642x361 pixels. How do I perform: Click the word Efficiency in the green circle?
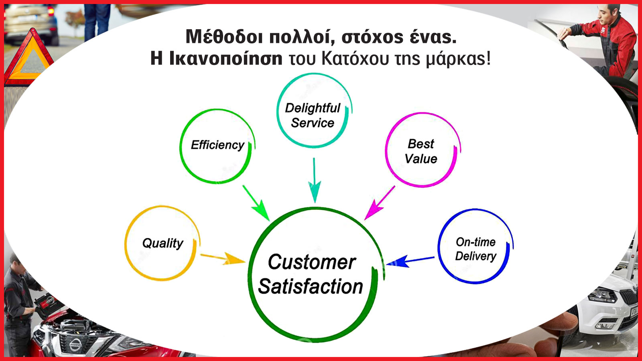tap(217, 145)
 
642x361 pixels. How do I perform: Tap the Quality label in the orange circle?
tap(163, 243)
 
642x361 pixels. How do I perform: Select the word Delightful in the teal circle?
tap(313, 108)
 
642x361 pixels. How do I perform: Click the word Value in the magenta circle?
tap(421, 159)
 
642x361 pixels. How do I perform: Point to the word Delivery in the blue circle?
tap(475, 256)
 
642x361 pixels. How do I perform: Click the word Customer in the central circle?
tap(312, 262)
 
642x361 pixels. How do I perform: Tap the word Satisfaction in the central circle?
tap(311, 286)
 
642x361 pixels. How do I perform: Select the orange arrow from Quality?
tap(223, 258)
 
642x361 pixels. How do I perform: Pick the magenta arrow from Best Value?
tap(380, 203)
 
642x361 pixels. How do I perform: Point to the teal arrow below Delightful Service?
tap(315, 180)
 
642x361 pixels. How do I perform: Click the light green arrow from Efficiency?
tap(256, 203)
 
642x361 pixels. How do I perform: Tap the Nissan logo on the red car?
tap(75, 344)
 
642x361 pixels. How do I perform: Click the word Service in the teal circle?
tap(313, 123)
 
